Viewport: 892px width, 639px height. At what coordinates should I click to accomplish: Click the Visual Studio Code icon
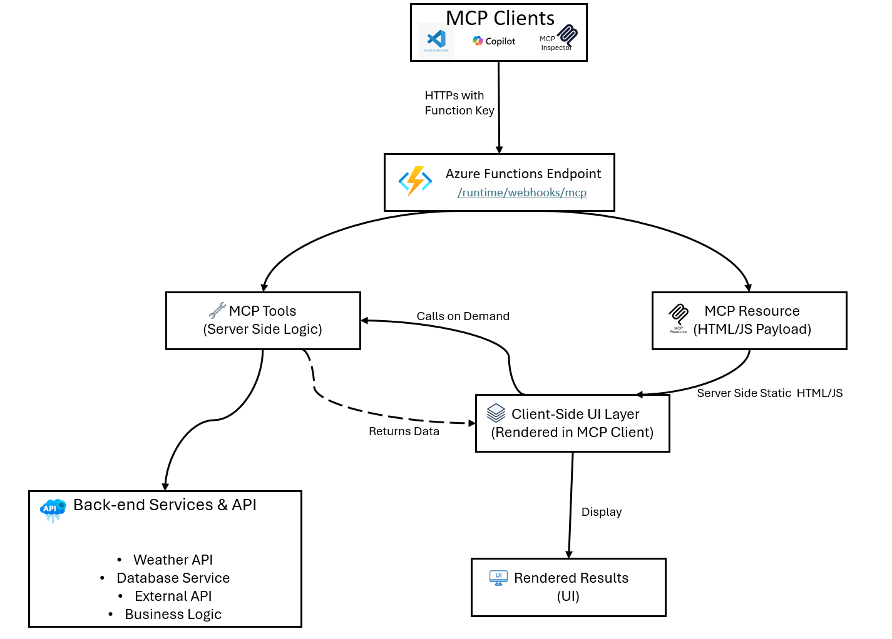436,40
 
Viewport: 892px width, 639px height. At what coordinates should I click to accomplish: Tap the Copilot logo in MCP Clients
478,41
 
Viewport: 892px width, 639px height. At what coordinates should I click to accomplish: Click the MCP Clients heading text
500,18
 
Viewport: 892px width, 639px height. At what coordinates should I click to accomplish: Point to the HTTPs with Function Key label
459,103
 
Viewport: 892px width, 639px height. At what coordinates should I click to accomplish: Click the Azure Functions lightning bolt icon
415,181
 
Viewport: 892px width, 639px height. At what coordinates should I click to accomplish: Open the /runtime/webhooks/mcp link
522,193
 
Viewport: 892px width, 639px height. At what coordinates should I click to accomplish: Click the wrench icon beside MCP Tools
217,310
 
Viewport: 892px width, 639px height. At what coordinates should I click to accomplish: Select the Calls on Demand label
463,316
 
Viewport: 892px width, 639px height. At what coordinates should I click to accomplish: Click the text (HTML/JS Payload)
752,330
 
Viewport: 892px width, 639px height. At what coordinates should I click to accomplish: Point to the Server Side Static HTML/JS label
769,393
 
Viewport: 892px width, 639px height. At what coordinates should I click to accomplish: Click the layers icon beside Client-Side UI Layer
496,413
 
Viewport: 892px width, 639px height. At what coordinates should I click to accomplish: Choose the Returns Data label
404,431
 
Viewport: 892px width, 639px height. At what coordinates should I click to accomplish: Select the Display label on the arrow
601,512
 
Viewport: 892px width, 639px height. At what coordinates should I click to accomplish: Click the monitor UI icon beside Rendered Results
498,578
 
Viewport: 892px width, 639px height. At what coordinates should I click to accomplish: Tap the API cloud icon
53,509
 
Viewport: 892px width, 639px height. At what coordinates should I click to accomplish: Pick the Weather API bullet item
173,560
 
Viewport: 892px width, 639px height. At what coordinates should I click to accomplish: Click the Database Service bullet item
173,578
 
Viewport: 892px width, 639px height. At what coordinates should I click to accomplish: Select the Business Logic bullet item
173,614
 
